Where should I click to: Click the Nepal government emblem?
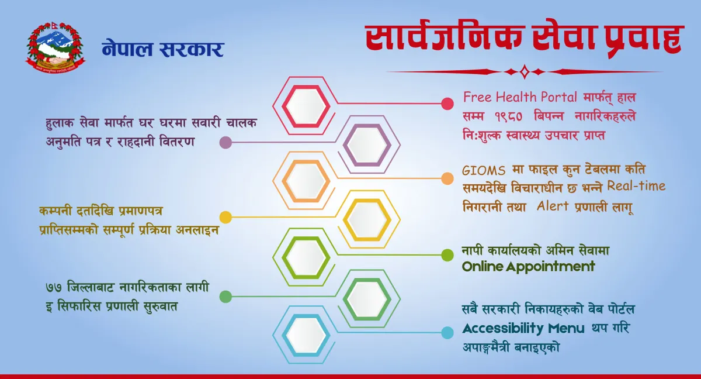(x=55, y=47)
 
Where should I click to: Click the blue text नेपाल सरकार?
(x=163, y=49)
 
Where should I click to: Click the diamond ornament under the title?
(x=525, y=72)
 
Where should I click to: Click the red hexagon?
(x=306, y=106)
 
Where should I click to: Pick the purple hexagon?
(x=367, y=144)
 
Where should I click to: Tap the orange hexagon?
(x=306, y=181)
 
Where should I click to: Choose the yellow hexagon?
(x=367, y=219)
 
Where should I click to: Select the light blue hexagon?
(x=306, y=335)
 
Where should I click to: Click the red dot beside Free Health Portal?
(x=447, y=104)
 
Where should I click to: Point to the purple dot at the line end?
(x=225, y=143)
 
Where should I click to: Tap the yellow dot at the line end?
(x=225, y=218)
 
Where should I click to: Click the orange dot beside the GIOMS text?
(x=447, y=178)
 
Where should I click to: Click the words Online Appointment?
(x=528, y=267)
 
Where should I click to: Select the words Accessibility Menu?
(x=523, y=329)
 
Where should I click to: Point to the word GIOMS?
(x=484, y=171)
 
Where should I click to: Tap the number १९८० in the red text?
(x=509, y=117)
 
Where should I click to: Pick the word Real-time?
(x=636, y=186)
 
